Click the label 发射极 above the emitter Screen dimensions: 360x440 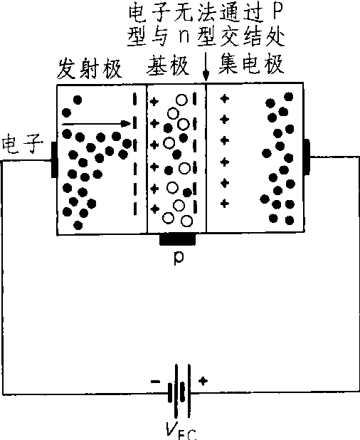click(90, 69)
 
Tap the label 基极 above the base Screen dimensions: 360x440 click(168, 66)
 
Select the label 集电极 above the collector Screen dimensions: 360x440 click(251, 64)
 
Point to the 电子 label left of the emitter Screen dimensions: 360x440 click(23, 144)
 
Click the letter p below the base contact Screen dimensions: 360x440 click(179, 258)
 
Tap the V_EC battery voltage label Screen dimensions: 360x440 click(181, 431)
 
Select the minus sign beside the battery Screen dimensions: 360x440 click(156, 382)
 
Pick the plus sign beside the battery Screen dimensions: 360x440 click(203, 381)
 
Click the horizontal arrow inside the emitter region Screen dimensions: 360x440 click(97, 123)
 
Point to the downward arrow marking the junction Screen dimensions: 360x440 click(206, 67)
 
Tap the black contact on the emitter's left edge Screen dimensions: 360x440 click(54, 159)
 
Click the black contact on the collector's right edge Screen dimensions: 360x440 click(307, 157)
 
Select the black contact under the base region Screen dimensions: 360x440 click(177, 240)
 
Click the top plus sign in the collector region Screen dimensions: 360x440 click(224, 98)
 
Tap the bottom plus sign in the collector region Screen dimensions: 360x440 click(224, 203)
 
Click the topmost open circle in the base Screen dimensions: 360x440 click(181, 100)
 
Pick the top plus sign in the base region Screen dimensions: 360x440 click(154, 101)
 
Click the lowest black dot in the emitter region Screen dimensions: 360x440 click(78, 225)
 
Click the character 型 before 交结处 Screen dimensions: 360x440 click(206, 37)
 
